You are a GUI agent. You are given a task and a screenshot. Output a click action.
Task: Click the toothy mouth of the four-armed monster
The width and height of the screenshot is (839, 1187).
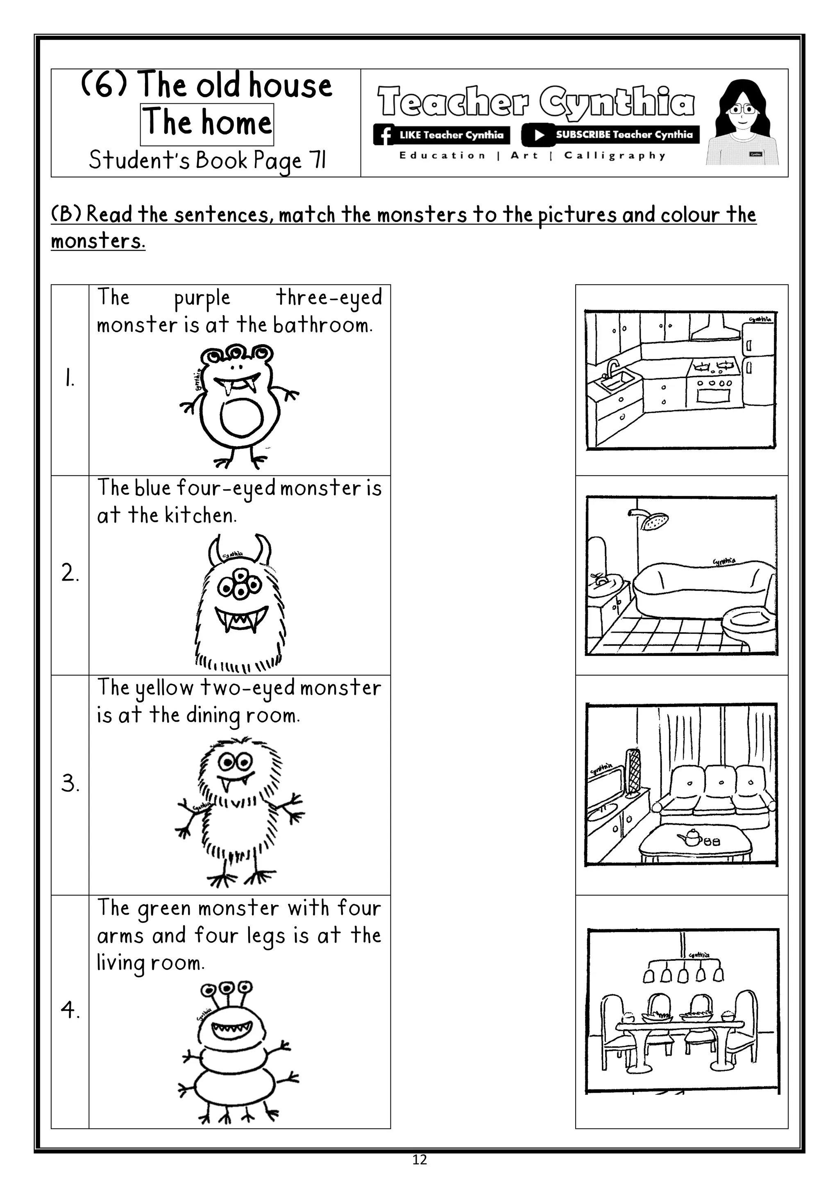[x=231, y=1029]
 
